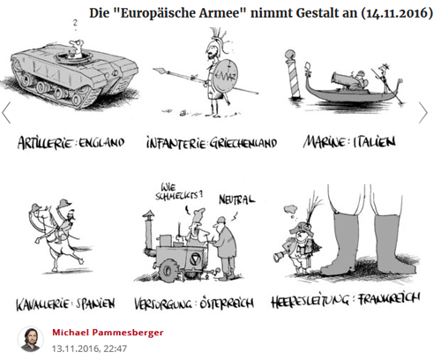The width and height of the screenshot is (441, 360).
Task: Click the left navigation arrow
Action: click(6, 113)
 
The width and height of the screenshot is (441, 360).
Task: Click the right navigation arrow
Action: click(423, 113)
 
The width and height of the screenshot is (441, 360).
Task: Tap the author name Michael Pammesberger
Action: click(108, 333)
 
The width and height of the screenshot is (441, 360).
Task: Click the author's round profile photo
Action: click(31, 340)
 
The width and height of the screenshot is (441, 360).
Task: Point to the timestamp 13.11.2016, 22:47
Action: click(89, 349)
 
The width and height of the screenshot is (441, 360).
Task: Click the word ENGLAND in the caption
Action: click(101, 143)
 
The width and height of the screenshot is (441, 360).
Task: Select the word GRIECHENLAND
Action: click(243, 143)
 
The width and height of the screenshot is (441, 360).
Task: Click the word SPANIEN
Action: click(95, 304)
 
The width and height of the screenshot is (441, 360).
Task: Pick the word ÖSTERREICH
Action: click(227, 303)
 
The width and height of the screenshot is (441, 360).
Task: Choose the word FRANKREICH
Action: click(389, 299)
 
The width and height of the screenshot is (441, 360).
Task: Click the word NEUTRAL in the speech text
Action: click(237, 199)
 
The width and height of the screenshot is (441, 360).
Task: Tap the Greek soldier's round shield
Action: click(226, 76)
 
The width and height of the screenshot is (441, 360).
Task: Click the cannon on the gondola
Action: click(344, 79)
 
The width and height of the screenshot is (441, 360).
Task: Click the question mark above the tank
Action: click(75, 24)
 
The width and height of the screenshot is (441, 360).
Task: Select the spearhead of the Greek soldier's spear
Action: click(160, 71)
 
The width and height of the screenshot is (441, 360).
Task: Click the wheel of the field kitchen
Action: click(168, 270)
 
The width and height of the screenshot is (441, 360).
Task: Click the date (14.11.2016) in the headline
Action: click(397, 13)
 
